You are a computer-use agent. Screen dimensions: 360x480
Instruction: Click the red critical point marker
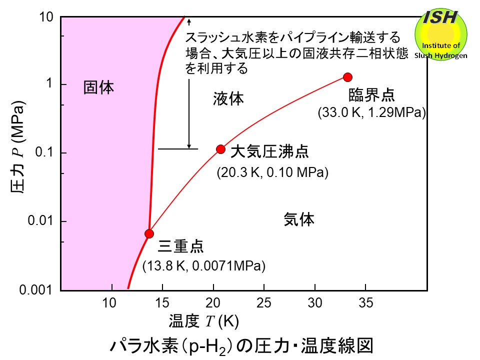coord(348,77)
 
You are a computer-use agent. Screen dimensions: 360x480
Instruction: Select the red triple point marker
coord(149,233)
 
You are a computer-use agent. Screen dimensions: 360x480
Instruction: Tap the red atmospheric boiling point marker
coord(220,149)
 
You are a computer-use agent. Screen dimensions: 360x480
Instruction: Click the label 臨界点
coord(371,94)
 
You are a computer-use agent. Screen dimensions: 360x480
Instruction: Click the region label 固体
coord(98,88)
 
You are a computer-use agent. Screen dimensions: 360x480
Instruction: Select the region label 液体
coord(228,99)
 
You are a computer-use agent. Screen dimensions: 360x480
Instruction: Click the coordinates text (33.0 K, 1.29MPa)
coord(371,113)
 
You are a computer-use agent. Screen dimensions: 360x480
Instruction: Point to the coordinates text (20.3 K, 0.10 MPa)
coord(272,173)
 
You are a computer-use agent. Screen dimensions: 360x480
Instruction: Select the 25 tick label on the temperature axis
coord(264,302)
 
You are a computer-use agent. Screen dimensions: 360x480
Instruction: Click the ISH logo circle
coord(440,34)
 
